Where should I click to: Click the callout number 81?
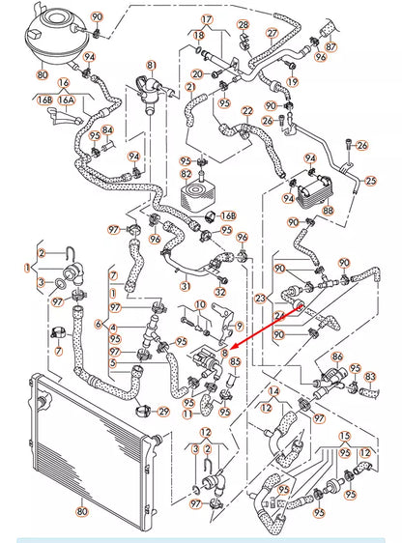tap(151, 66)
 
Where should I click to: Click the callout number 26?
tap(362, 146)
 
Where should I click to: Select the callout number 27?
tap(272, 33)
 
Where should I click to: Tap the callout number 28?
tap(243, 24)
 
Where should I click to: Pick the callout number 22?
tap(248, 112)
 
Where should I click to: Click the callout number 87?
tap(331, 46)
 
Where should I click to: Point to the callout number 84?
tap(106, 130)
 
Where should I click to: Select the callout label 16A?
tap(65, 99)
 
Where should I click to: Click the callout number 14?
tap(273, 391)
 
